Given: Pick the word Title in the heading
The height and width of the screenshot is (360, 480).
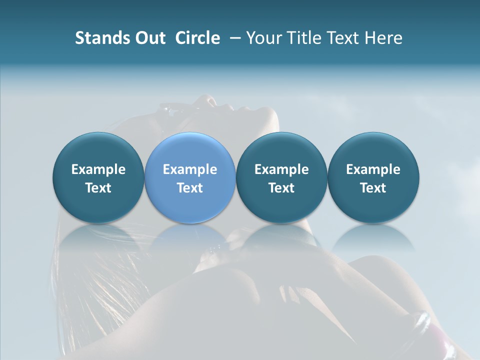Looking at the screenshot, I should [x=306, y=38].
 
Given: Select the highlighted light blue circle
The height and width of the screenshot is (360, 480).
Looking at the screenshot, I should [x=190, y=150].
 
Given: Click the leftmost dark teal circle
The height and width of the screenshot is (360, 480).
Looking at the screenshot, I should [x=98, y=150].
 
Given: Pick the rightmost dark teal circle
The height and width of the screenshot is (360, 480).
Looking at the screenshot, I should [x=373, y=150].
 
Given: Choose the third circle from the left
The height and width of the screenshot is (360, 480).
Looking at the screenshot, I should [x=281, y=150].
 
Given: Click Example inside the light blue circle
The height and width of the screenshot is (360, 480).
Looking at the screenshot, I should [x=190, y=169].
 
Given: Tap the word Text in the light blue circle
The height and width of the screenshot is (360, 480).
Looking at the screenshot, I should [x=190, y=188].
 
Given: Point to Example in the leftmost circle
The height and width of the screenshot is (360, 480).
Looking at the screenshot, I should [x=98, y=169].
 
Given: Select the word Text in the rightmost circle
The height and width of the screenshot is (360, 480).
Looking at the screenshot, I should [x=373, y=188].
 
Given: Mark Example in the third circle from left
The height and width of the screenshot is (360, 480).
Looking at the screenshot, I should [x=281, y=169].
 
